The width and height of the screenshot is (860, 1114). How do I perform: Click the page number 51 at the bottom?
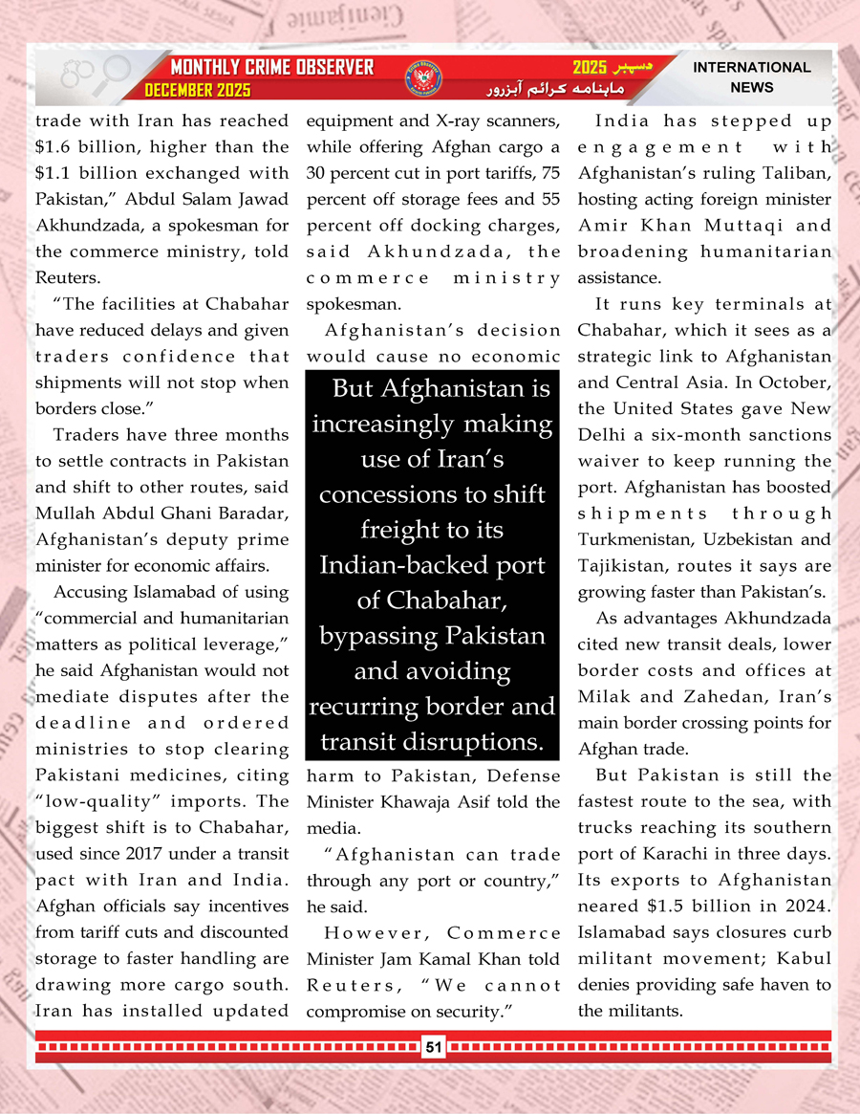click(433, 1048)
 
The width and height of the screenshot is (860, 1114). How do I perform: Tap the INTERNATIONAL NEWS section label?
click(752, 77)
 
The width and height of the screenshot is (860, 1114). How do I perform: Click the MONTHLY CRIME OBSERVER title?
click(271, 68)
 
